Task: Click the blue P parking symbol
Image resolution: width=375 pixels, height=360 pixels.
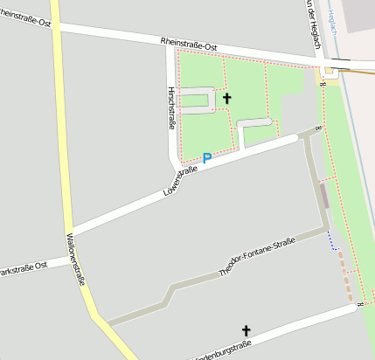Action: pos(207,158)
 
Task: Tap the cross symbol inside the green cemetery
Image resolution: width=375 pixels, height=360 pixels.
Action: pos(227,99)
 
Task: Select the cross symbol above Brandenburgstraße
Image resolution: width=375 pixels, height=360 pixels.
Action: pos(246,330)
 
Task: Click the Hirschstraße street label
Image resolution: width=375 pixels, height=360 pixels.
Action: pos(171,108)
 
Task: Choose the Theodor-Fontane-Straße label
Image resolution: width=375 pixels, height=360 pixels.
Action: pos(256,260)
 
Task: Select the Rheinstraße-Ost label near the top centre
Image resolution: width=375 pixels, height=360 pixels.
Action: pos(188,42)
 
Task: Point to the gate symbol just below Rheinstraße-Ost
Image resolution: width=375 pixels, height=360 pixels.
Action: pos(323,84)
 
